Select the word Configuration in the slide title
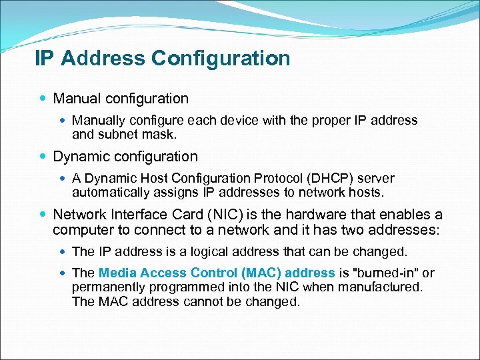tap(221, 59)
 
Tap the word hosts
tap(367, 192)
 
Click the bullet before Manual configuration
tap(43, 99)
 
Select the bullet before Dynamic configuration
tap(43, 157)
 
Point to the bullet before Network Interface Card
tap(43, 215)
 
